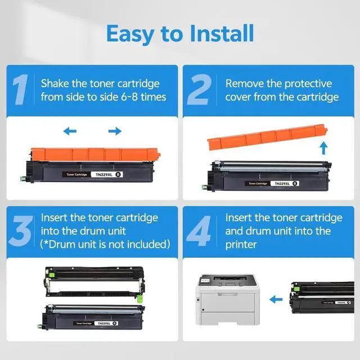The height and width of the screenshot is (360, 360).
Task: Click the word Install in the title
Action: point(222,34)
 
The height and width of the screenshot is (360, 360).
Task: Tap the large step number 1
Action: point(21,89)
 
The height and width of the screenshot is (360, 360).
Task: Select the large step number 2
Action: point(199,89)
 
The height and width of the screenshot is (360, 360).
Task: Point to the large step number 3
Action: point(21,231)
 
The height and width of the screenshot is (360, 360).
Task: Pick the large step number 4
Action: point(199,231)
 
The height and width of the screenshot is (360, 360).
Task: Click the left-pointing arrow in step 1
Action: point(70,131)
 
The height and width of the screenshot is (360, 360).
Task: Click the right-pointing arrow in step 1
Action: point(115,131)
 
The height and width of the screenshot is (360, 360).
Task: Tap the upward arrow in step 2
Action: point(324,148)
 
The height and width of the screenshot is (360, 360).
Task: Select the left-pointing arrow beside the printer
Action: point(276,299)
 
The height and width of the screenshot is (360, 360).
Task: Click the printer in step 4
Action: point(227,299)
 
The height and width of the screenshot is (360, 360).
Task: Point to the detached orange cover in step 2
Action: point(267,136)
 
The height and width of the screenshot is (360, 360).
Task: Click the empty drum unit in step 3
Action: point(94,283)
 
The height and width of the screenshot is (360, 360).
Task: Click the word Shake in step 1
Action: point(55,83)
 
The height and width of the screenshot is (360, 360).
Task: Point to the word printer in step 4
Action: point(241,245)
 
